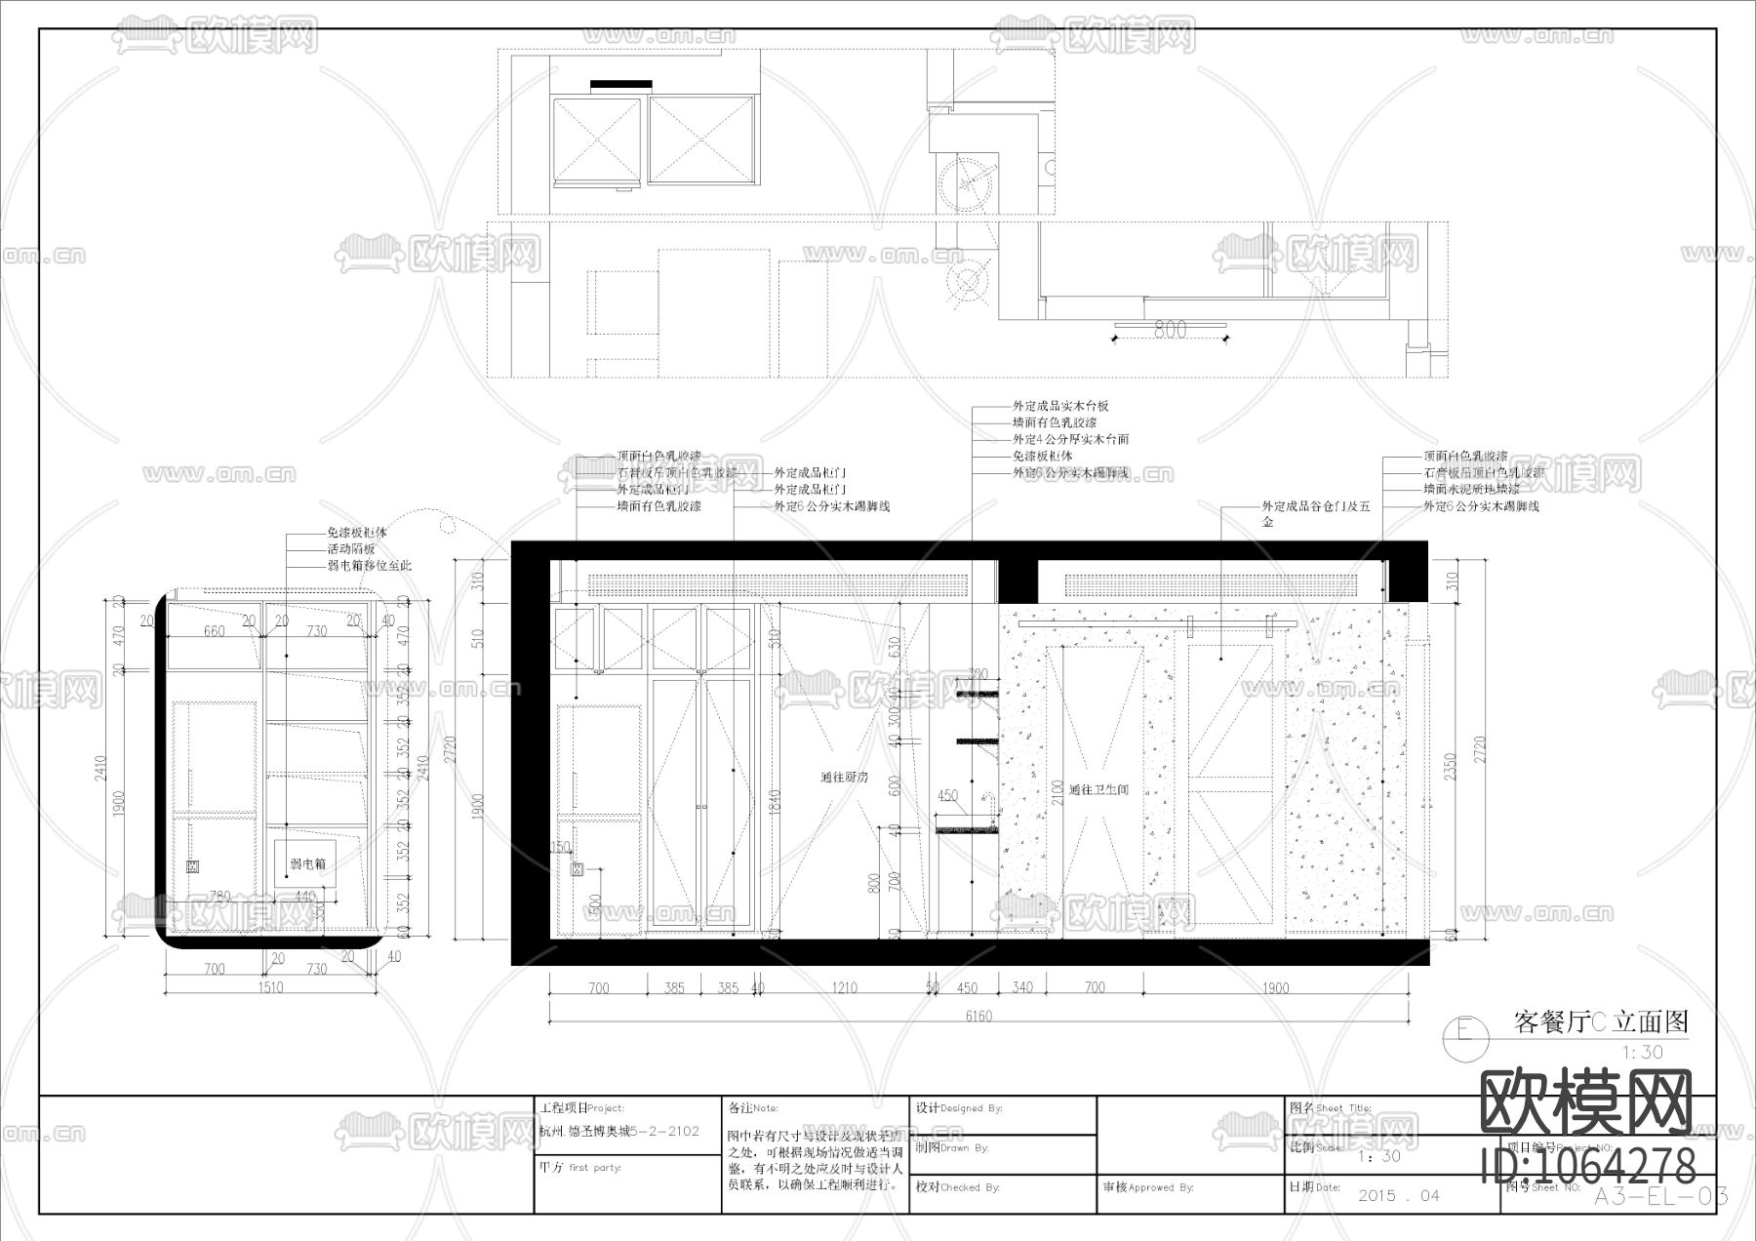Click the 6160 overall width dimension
click(978, 1016)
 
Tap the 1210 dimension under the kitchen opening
click(844, 987)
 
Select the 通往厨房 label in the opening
click(844, 778)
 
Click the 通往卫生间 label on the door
click(1097, 789)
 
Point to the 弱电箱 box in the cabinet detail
click(307, 863)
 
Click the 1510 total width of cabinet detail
click(270, 987)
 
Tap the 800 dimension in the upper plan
click(1170, 330)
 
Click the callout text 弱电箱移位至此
click(369, 566)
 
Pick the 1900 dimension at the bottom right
click(1275, 987)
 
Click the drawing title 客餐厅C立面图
click(1600, 1021)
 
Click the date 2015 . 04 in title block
click(1398, 1195)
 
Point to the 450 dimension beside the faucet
click(946, 796)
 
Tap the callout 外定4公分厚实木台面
click(1070, 440)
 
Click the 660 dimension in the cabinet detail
click(214, 631)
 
